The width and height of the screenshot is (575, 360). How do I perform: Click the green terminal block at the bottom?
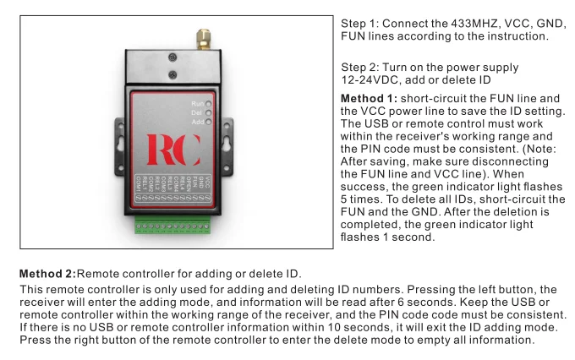[172, 226]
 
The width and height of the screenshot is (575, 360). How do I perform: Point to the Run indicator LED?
[208, 103]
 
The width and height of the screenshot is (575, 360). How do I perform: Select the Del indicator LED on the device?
[208, 112]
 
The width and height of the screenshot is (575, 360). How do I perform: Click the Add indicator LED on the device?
[208, 123]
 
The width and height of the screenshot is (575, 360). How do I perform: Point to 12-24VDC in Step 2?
[369, 80]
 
